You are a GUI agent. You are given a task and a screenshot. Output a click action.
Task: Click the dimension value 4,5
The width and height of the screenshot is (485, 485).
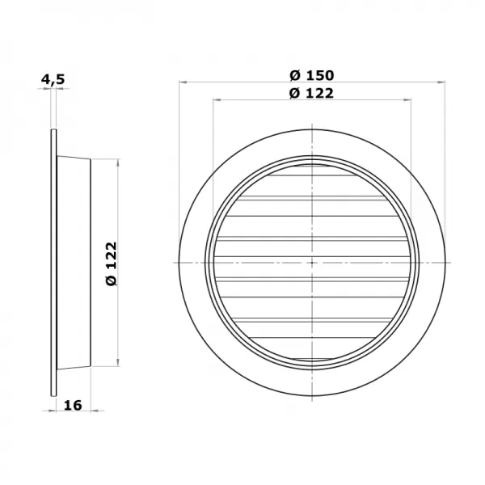[53, 79]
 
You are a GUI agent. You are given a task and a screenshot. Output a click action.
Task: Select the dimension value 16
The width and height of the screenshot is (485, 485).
[72, 405]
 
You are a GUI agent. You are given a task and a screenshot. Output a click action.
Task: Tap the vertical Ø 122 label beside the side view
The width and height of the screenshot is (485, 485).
[111, 263]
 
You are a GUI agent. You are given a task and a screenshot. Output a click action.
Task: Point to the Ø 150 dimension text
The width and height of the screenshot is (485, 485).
[311, 75]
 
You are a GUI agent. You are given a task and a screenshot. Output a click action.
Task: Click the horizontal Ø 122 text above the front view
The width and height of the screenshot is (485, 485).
[311, 92]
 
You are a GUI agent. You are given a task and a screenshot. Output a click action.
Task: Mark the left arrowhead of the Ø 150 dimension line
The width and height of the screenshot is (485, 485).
[181, 82]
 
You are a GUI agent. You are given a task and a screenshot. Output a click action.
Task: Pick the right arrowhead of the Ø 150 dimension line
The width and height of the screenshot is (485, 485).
[444, 82]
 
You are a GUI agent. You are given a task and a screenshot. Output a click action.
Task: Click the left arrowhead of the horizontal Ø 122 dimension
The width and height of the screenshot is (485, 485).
[215, 100]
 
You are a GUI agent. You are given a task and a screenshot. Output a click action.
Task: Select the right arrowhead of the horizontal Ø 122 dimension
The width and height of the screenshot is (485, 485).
[410, 100]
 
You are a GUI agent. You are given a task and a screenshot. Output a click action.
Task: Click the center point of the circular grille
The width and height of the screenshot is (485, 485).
[312, 263]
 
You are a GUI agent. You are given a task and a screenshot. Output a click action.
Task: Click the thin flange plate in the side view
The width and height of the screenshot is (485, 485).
[53, 263]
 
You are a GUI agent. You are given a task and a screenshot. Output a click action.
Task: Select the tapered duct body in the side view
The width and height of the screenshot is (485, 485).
[74, 263]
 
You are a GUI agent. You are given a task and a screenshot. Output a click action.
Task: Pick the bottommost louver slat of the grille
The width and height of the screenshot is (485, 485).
[312, 356]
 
